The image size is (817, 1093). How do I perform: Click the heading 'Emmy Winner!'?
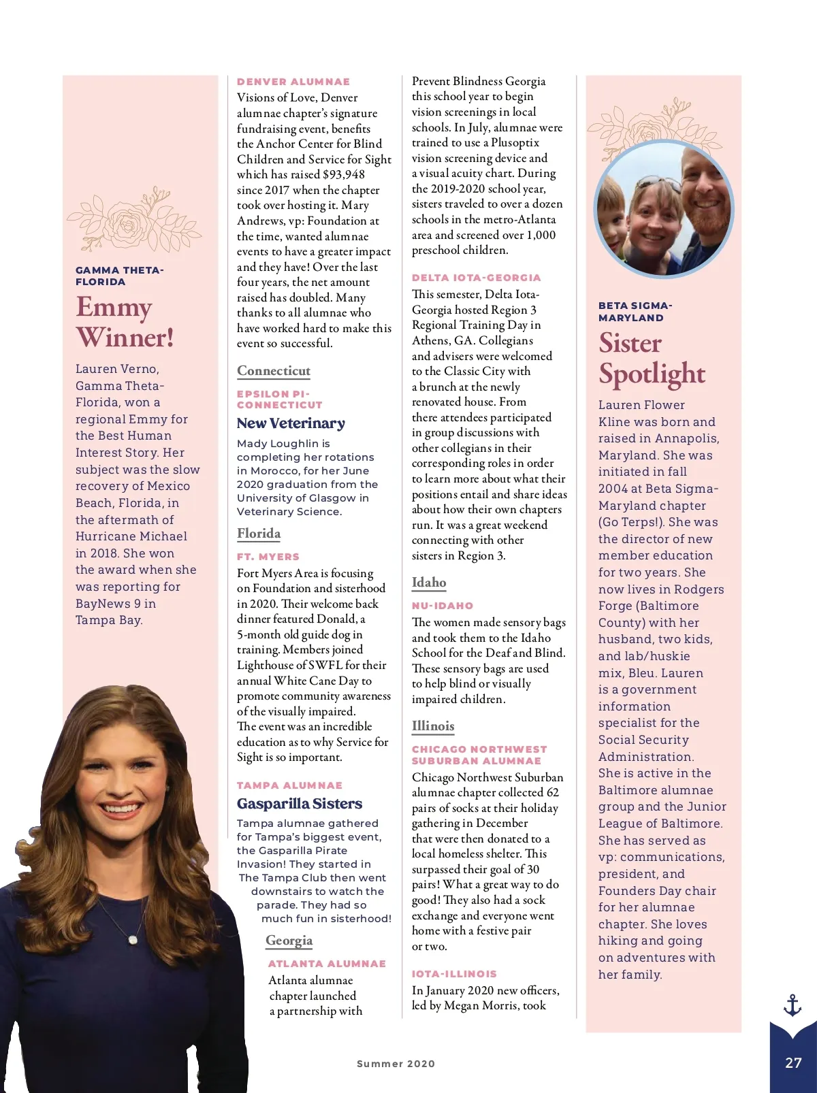pos(125,322)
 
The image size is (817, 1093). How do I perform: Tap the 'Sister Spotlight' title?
pos(652,358)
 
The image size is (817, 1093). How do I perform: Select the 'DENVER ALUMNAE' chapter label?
pos(293,82)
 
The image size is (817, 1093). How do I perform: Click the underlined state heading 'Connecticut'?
pos(274,371)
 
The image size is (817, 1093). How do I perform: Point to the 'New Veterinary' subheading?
pos(291,423)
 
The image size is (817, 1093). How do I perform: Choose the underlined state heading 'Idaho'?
pos(429,583)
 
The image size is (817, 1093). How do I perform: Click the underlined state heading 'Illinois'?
pos(433,726)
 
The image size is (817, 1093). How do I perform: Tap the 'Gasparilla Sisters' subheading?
pos(300,804)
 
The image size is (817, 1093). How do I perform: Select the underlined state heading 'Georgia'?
pos(289,941)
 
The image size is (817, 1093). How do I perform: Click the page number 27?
pos(793,1063)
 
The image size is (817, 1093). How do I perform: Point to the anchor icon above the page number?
pos(792,1005)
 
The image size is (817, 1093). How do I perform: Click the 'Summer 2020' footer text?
pos(396,1064)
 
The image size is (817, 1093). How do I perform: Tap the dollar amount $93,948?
pos(344,175)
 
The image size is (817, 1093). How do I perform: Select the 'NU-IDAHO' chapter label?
pos(443,606)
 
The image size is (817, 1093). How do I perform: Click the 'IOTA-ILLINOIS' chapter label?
pos(454,974)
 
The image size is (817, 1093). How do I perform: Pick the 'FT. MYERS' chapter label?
pos(268,557)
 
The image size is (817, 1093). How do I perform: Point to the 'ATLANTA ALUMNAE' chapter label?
pos(327,964)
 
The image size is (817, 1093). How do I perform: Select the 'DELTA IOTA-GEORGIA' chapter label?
pos(477,278)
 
